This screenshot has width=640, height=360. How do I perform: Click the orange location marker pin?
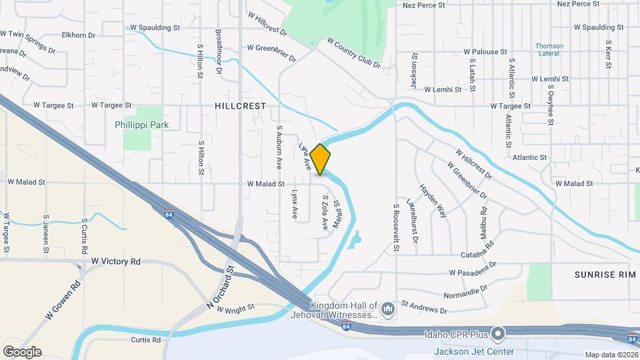click(x=320, y=159)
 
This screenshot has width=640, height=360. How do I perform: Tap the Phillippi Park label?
click(x=141, y=125)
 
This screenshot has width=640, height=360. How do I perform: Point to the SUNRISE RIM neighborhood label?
click(x=601, y=275)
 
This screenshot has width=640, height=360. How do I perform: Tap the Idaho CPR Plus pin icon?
click(x=497, y=333)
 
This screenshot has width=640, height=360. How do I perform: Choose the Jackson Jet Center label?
click(x=474, y=351)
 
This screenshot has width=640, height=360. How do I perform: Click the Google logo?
click(x=22, y=352)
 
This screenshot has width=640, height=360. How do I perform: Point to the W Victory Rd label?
click(x=116, y=261)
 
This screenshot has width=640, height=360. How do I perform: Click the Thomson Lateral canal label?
click(x=549, y=50)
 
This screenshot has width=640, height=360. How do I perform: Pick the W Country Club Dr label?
click(x=353, y=53)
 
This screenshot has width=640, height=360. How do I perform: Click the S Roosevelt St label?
click(x=395, y=227)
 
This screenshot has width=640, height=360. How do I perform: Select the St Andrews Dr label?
click(x=424, y=307)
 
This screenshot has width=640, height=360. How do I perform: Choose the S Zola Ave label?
click(x=325, y=213)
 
